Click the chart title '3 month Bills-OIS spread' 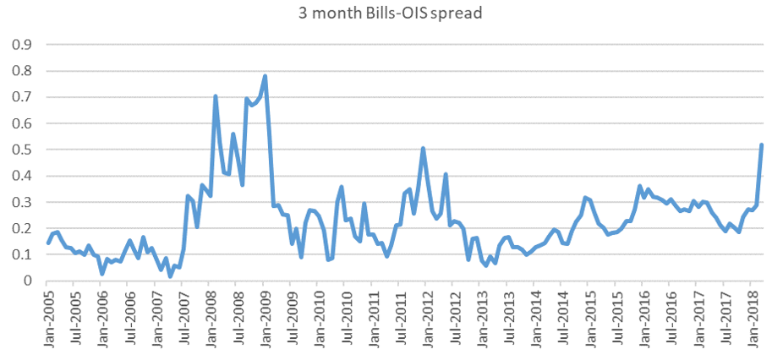pyautogui.click(x=391, y=13)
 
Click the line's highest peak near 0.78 pyautogui.click(x=266, y=76)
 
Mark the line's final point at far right pyautogui.click(x=762, y=145)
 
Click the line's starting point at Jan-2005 pyautogui.click(x=48, y=243)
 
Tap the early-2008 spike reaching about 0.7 pyautogui.click(x=216, y=96)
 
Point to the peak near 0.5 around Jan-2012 pyautogui.click(x=423, y=149)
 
